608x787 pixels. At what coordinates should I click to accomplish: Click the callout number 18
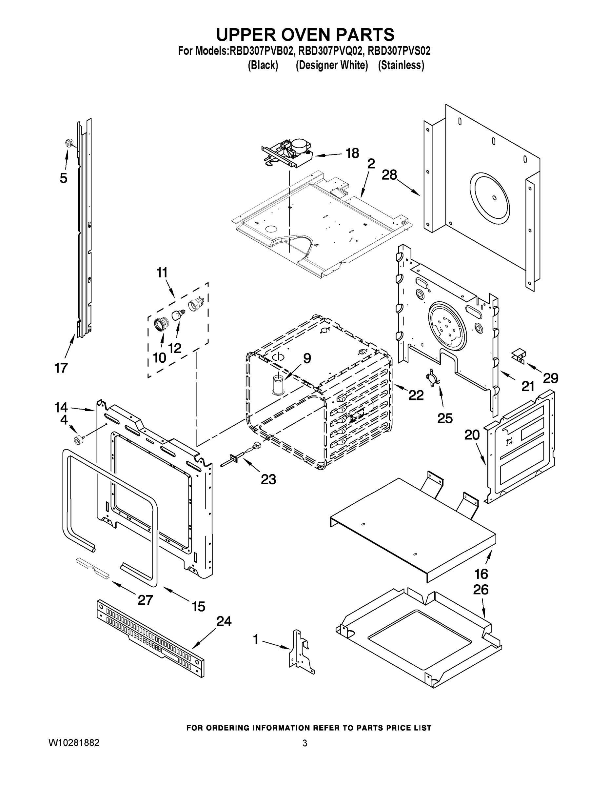point(352,153)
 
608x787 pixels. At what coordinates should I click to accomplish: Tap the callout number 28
point(389,175)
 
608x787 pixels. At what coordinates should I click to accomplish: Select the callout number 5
point(63,178)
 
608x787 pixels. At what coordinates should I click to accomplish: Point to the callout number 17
point(61,368)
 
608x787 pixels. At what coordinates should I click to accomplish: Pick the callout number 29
point(550,378)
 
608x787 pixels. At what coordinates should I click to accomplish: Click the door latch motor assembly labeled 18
point(288,153)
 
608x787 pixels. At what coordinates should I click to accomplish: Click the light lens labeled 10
point(160,324)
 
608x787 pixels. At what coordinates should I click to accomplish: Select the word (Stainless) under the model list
point(401,65)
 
